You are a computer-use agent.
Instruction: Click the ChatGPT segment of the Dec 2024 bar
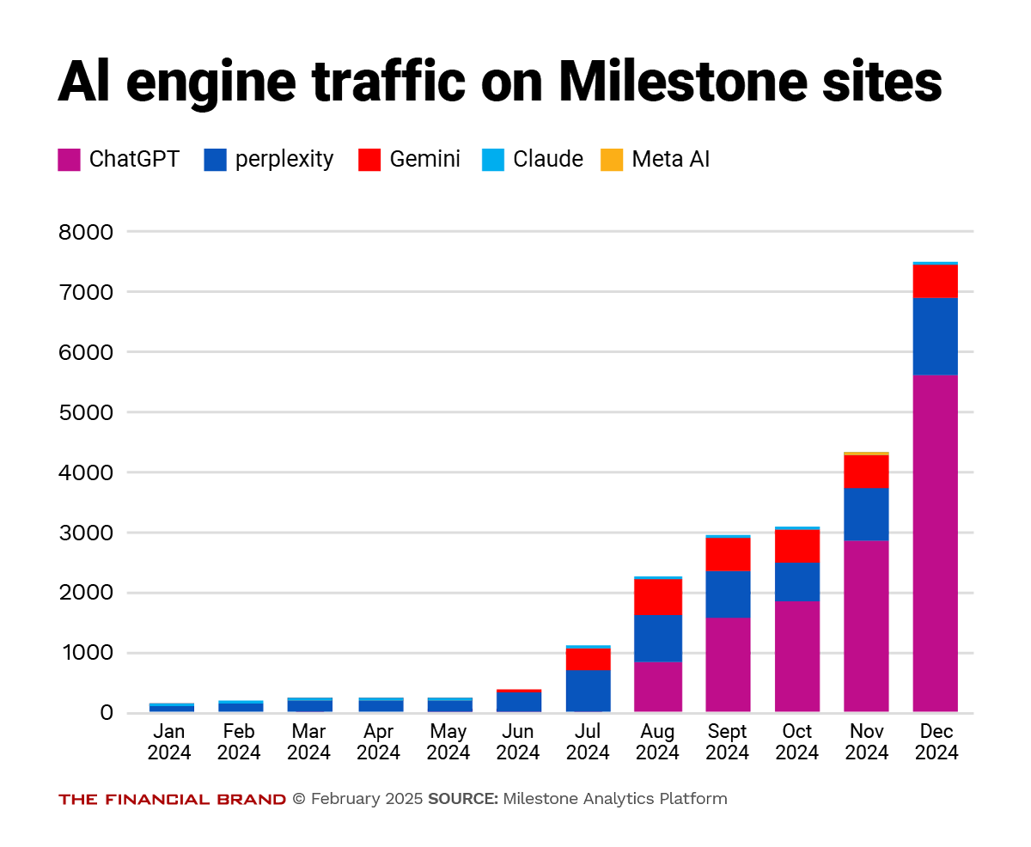pyautogui.click(x=935, y=543)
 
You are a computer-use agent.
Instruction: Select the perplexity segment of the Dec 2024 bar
pyautogui.click(x=935, y=336)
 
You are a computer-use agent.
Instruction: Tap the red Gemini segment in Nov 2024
pyautogui.click(x=866, y=471)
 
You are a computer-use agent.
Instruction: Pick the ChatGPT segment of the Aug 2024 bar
pyautogui.click(x=658, y=686)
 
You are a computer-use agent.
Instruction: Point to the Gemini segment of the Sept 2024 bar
pyautogui.click(x=728, y=554)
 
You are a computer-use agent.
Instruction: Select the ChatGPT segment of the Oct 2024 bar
pyautogui.click(x=796, y=656)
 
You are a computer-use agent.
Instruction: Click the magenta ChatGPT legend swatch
pyautogui.click(x=69, y=160)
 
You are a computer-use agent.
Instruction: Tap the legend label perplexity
pyautogui.click(x=284, y=160)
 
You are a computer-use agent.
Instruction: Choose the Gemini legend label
pyautogui.click(x=424, y=160)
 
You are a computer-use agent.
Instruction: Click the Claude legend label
pyautogui.click(x=548, y=160)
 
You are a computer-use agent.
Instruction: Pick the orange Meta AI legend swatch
pyautogui.click(x=611, y=160)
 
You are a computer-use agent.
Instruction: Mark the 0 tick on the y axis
pyautogui.click(x=106, y=713)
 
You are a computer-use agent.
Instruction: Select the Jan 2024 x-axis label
pyautogui.click(x=169, y=742)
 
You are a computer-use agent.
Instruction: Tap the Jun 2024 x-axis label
pyautogui.click(x=518, y=742)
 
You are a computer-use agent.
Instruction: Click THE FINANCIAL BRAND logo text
pyautogui.click(x=172, y=800)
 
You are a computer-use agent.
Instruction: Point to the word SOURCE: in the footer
pyautogui.click(x=462, y=800)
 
